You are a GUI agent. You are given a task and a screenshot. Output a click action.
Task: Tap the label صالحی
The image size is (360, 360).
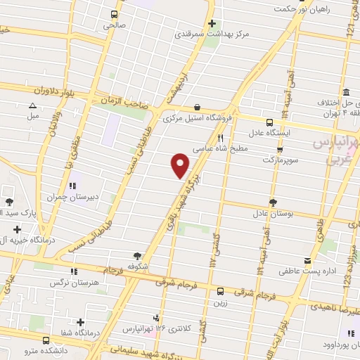coord(114,25)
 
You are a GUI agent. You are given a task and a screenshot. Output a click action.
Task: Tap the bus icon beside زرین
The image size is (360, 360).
coord(220,290)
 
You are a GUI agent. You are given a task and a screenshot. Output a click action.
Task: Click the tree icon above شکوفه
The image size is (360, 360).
coord(136,256)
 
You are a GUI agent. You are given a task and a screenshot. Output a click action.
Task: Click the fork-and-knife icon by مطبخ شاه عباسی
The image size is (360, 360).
coord(221,138)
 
